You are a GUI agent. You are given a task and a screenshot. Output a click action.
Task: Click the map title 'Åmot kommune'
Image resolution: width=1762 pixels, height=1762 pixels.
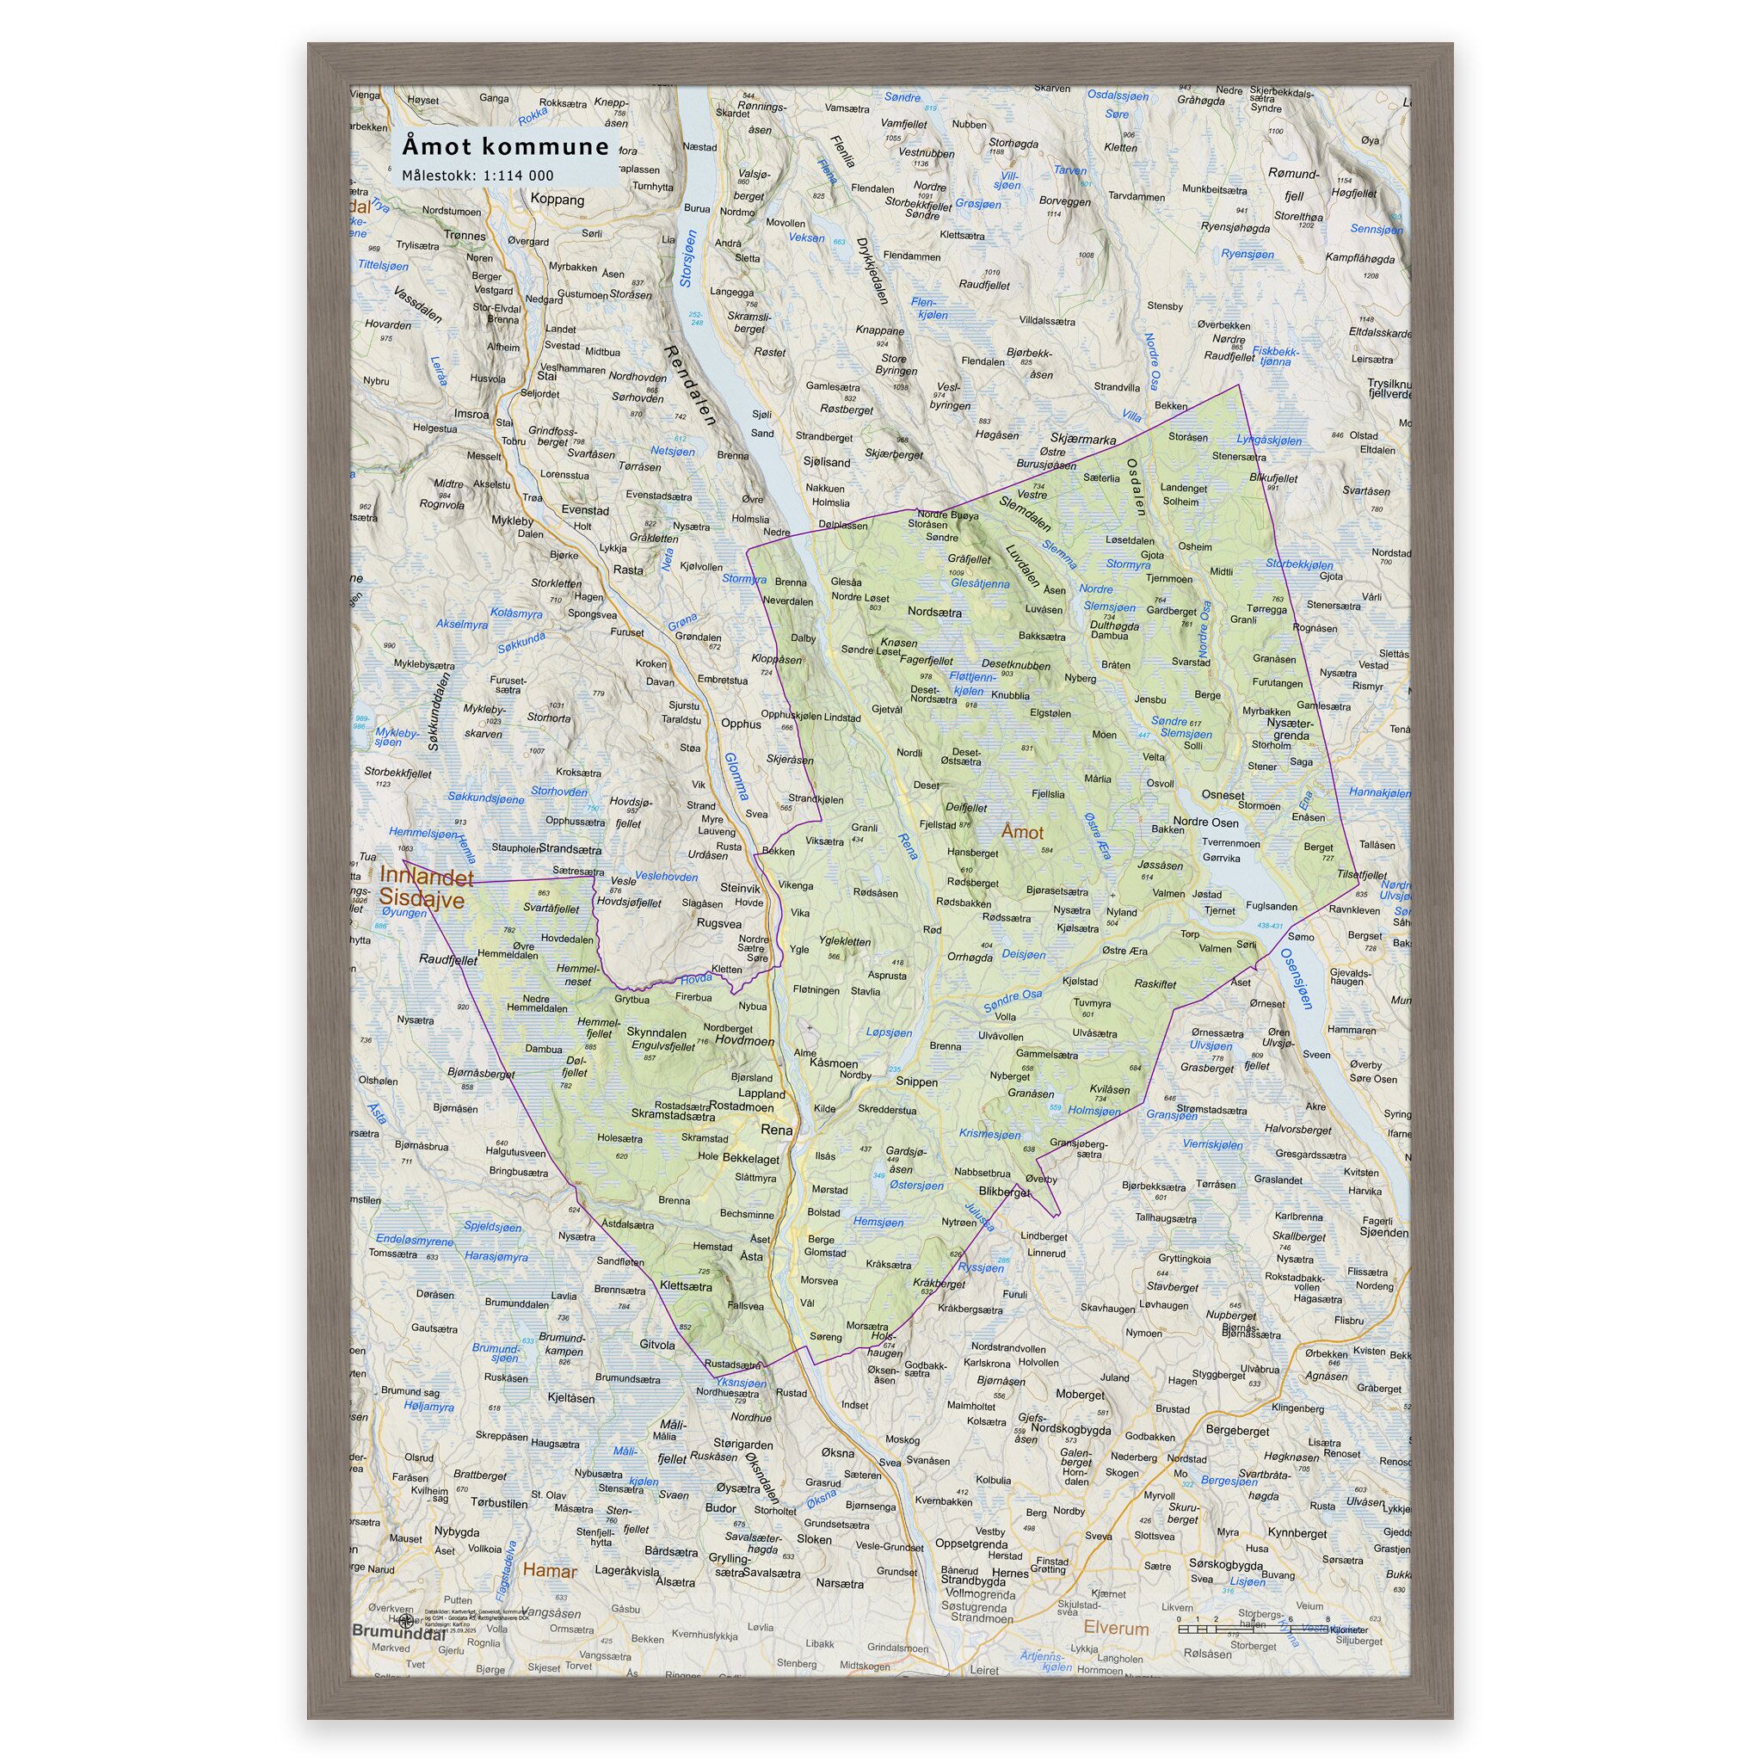(505, 147)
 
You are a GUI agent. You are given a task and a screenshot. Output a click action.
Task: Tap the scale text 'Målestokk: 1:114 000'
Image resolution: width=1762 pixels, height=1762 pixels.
(477, 176)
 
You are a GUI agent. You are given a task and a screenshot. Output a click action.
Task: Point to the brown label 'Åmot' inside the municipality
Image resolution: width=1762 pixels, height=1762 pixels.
(1021, 832)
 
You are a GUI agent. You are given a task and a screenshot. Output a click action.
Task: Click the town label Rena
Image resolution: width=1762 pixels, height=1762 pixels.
(777, 1130)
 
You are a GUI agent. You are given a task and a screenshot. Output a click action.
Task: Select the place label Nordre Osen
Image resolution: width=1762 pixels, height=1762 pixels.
(1205, 822)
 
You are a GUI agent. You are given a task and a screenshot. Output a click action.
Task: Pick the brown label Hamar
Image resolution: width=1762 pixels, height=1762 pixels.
(550, 1571)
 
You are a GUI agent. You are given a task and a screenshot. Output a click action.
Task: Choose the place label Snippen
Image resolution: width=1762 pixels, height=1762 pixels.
(916, 1081)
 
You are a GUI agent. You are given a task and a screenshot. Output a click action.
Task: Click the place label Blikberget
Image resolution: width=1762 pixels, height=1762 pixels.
(1003, 1192)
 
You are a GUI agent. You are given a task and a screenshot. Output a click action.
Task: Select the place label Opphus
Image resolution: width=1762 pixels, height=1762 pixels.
(741, 724)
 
